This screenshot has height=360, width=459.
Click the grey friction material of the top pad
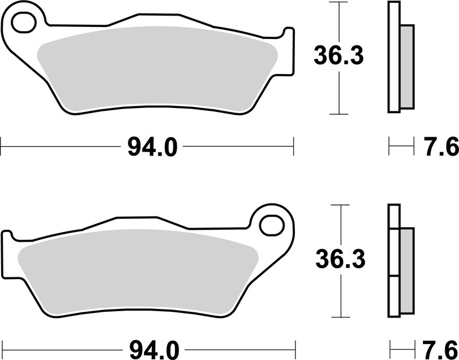click(x=155, y=69)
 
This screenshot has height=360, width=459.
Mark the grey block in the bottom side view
click(x=406, y=270)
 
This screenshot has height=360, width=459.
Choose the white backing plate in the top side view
click(x=394, y=57)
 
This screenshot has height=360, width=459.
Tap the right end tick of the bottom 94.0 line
click(x=295, y=348)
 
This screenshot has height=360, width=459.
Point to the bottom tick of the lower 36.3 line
click(x=341, y=318)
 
